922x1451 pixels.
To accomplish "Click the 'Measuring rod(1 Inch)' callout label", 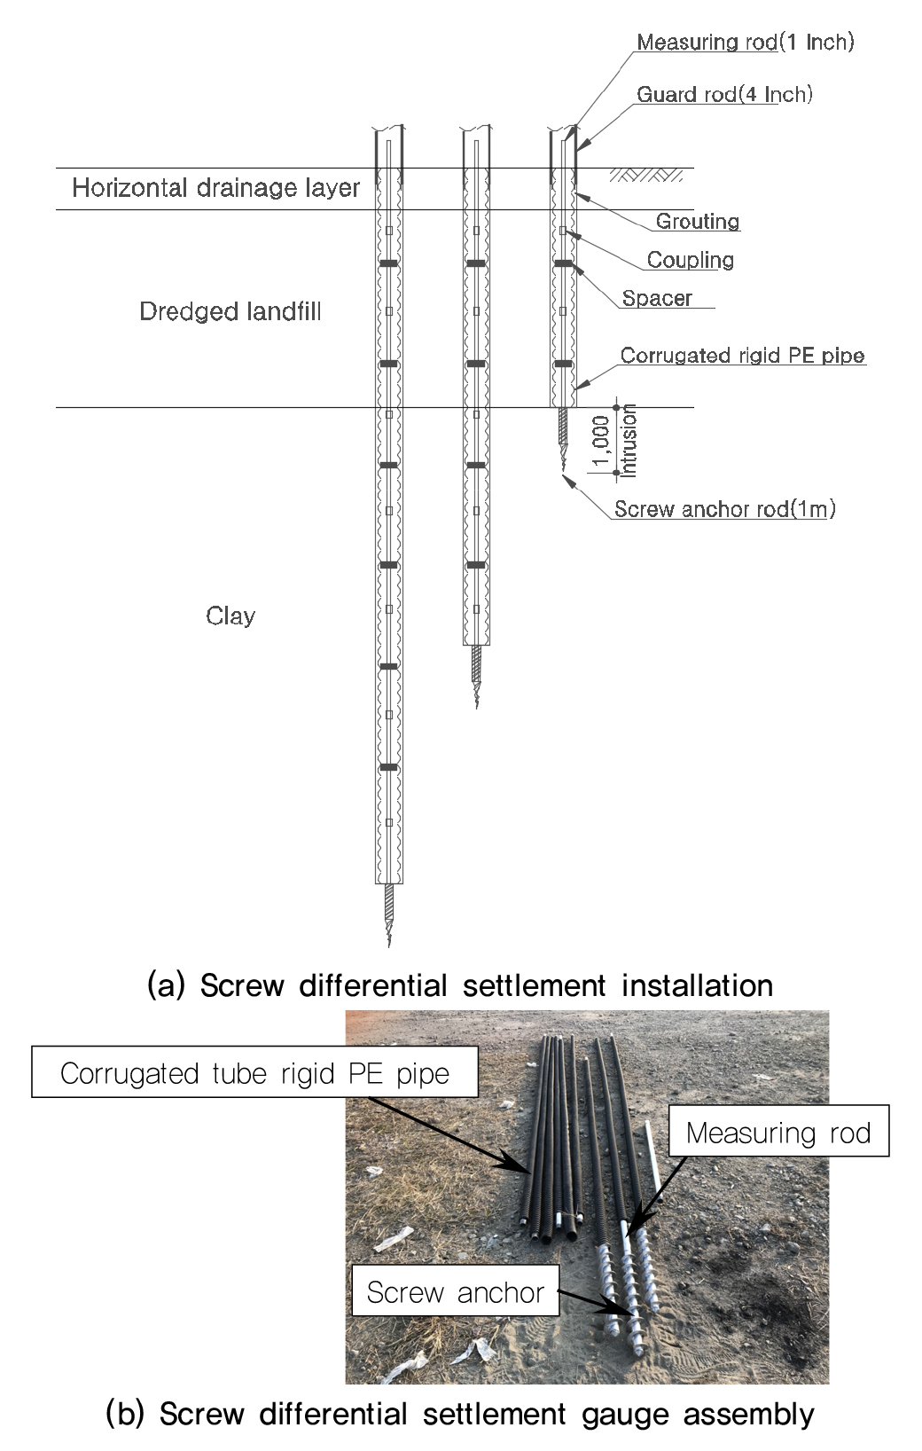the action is tap(746, 42).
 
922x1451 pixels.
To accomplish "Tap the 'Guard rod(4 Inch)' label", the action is tap(724, 95).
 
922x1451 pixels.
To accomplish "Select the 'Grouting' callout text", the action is tap(698, 221).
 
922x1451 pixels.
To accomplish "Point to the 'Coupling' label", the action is tap(691, 260).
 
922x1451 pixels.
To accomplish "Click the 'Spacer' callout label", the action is tap(657, 298).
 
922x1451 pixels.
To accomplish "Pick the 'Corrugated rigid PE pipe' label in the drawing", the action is tap(743, 355).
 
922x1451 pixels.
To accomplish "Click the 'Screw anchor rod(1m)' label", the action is tap(724, 509).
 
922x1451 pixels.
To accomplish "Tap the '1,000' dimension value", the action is tap(601, 441).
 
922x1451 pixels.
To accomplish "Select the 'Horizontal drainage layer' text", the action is tap(215, 188).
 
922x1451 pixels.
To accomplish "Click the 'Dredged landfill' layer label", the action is tap(230, 311).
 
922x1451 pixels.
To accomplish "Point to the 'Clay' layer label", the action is tap(230, 616).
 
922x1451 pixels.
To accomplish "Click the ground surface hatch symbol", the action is tap(646, 174).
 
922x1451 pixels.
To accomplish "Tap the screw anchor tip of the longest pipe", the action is tap(389, 945).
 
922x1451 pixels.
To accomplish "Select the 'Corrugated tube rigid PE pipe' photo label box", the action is tap(254, 1073).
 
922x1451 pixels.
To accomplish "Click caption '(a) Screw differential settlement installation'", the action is tap(460, 985).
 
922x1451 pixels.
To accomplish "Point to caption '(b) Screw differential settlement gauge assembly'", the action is tap(460, 1414).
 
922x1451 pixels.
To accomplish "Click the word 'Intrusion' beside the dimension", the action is tap(628, 441).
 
